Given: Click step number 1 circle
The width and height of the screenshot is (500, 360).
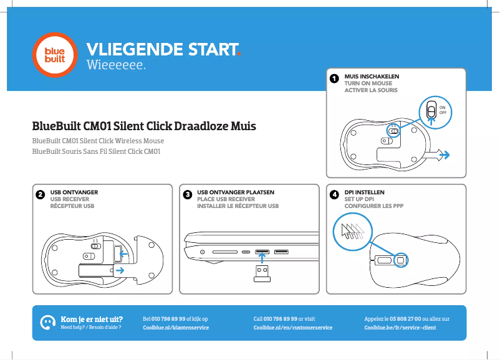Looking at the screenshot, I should coord(334,79).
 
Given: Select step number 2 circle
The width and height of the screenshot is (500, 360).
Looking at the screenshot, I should coord(40,195).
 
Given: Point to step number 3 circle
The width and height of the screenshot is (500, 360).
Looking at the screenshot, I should coord(187,195).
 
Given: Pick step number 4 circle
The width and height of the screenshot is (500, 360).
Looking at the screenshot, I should coord(335,195).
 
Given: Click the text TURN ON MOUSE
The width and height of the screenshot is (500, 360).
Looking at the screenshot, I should coord(368,83).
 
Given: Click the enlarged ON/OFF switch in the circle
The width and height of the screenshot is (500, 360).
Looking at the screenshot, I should coord(430,111).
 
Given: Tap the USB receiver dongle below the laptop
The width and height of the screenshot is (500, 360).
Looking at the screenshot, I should coord(262,274).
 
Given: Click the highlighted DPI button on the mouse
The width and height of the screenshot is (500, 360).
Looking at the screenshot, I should coord(401,260).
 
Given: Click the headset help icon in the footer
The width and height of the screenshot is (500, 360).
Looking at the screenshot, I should coord(46,322).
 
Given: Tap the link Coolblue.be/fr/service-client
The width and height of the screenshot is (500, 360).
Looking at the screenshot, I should coord(400,328).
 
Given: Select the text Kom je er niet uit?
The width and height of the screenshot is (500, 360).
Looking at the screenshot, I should coord(91,318).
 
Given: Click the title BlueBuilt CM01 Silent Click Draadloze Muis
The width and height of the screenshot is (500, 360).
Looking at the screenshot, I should coord(144,126).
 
